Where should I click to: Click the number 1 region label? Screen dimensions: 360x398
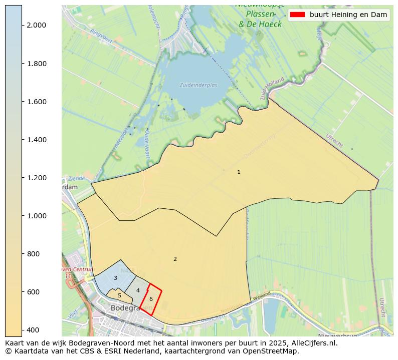(x=239, y=172)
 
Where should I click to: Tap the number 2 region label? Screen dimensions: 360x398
(x=175, y=259)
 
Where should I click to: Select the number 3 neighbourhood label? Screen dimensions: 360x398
(x=115, y=278)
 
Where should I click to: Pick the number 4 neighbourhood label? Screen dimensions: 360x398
(x=138, y=290)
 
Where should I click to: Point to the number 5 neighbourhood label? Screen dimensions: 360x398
(x=119, y=295)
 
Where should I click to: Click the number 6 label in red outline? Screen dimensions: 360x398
(x=151, y=299)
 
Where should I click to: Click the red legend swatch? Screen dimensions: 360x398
(x=297, y=15)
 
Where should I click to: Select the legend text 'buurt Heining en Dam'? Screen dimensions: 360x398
(x=348, y=15)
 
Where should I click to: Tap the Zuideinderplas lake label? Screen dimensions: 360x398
(x=198, y=85)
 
